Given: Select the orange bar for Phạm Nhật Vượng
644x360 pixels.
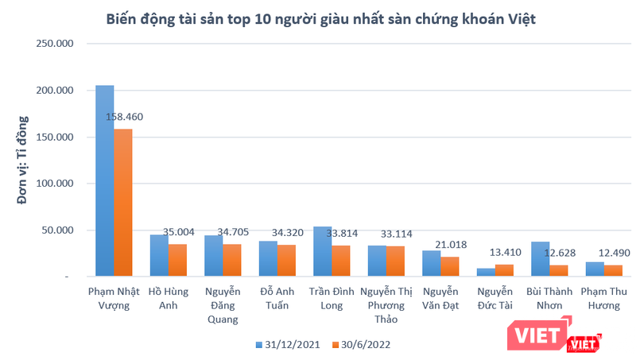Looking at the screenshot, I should tap(123, 203).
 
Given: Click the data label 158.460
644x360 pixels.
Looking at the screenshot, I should tap(124, 117).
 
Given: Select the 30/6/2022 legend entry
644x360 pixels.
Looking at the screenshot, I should tap(361, 344).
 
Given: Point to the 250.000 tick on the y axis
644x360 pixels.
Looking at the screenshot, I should tap(56, 44).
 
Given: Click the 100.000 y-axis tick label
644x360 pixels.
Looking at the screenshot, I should tap(56, 184).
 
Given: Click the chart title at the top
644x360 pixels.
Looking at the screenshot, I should tap(321, 18).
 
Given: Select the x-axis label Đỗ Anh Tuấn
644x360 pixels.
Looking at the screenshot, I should tap(277, 297).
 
